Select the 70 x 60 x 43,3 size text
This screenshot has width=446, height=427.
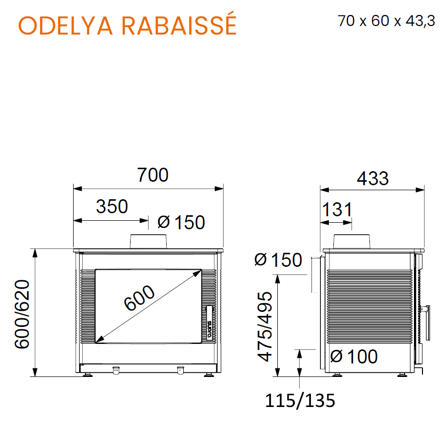point(386,21)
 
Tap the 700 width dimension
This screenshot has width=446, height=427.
point(153,175)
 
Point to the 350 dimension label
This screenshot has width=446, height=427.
point(112,206)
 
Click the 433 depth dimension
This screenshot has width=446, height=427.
point(372,179)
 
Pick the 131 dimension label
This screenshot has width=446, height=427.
point(337,210)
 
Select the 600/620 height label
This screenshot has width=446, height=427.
point(22,314)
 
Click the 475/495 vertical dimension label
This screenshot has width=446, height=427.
point(265,326)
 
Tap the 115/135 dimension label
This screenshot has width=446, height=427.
point(300,400)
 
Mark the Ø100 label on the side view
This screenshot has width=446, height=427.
point(354,356)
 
